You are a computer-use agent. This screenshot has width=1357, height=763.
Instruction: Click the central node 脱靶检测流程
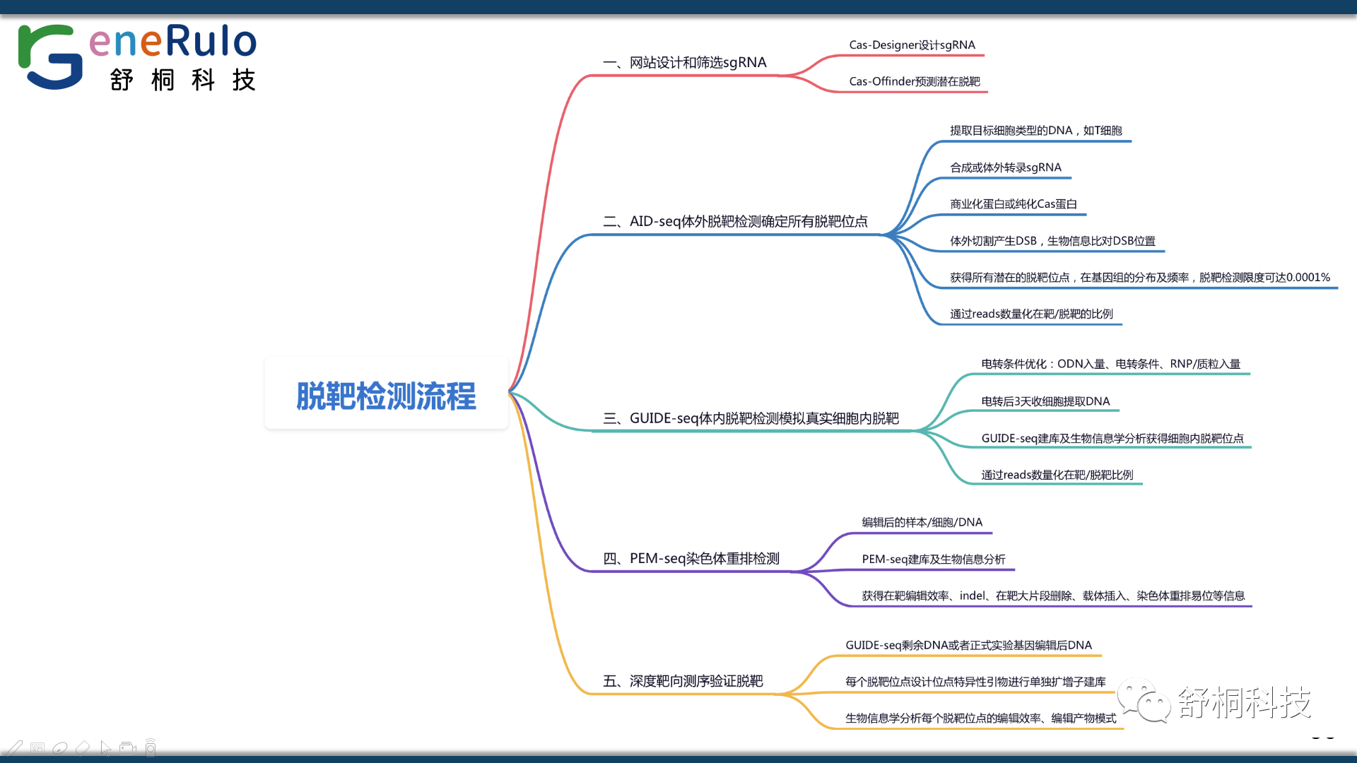(x=386, y=396)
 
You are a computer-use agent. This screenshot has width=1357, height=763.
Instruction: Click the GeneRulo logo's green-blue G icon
(x=49, y=57)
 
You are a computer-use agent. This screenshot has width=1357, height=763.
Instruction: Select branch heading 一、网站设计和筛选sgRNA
(x=684, y=63)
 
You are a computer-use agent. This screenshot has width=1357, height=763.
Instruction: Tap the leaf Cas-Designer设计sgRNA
(x=912, y=45)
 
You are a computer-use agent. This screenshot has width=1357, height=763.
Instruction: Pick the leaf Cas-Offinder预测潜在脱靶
(x=914, y=82)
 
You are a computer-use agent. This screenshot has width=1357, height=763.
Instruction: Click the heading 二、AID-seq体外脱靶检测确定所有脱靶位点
(x=735, y=222)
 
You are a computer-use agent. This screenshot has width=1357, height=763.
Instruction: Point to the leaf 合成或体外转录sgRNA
(x=1005, y=168)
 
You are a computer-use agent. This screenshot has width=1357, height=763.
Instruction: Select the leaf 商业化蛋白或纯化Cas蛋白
(x=1013, y=205)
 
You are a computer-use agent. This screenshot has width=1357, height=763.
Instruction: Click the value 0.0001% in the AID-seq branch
(x=1308, y=278)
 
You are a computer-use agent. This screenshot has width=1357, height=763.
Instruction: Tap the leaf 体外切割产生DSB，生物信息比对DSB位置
(x=1052, y=242)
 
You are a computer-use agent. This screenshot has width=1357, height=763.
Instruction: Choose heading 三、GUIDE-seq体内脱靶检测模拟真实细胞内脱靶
(x=751, y=419)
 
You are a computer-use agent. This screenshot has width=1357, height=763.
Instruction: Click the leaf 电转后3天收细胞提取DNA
(x=1045, y=402)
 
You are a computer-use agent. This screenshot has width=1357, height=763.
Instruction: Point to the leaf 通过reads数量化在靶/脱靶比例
(x=1057, y=475)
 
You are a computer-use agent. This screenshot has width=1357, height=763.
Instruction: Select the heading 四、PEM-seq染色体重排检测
(x=691, y=559)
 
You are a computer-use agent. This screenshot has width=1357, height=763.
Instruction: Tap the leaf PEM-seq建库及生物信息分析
(x=933, y=560)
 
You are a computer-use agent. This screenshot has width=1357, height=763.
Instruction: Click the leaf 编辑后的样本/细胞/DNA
(x=922, y=523)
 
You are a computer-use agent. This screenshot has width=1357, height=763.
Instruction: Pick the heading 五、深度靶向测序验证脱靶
(x=682, y=682)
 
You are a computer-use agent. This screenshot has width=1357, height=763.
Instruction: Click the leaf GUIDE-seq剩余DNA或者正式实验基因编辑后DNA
(x=968, y=646)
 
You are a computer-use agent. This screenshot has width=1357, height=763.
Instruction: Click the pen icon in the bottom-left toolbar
(x=15, y=747)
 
